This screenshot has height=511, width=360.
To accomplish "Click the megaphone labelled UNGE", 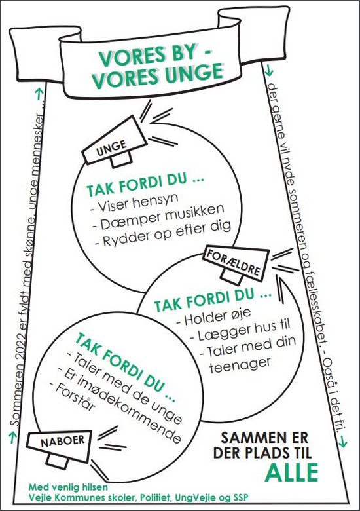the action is tap(114, 143).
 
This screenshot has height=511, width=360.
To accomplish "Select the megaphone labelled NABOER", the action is tap(59, 447).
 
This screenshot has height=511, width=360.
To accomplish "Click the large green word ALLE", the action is tap(291, 472).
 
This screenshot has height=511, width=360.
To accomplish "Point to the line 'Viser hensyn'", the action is tap(134, 202).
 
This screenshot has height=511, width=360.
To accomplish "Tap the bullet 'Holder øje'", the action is tap(213, 317).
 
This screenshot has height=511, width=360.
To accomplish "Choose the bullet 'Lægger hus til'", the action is tap(240, 330).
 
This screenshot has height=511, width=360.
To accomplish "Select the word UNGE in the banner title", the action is tap(194, 75).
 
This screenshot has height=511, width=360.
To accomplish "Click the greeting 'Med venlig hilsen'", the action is tap(68, 487).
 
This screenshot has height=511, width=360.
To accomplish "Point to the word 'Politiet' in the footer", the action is tap(154, 498).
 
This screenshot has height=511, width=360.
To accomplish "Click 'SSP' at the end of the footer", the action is tap(240, 498).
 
